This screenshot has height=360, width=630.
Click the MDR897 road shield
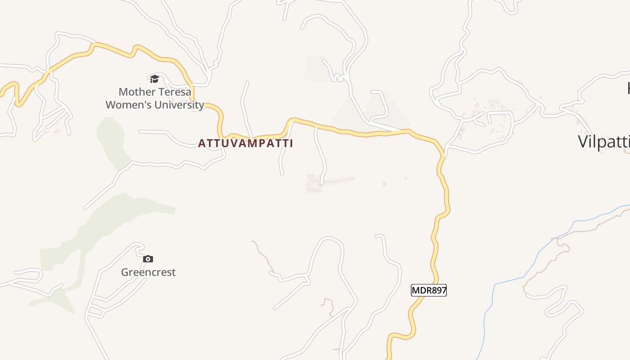[x=429, y=290]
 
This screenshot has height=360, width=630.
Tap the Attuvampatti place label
[x=245, y=144]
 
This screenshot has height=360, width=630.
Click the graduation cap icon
[x=154, y=79]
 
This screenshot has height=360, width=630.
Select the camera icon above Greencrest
[x=148, y=259]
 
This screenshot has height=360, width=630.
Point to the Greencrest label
[x=148, y=272]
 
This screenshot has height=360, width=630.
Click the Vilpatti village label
[x=603, y=142]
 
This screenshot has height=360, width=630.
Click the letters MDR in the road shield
[x=420, y=290]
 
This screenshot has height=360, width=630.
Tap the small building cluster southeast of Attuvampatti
[x=314, y=184]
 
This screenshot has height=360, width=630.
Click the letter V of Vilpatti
[x=583, y=142]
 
